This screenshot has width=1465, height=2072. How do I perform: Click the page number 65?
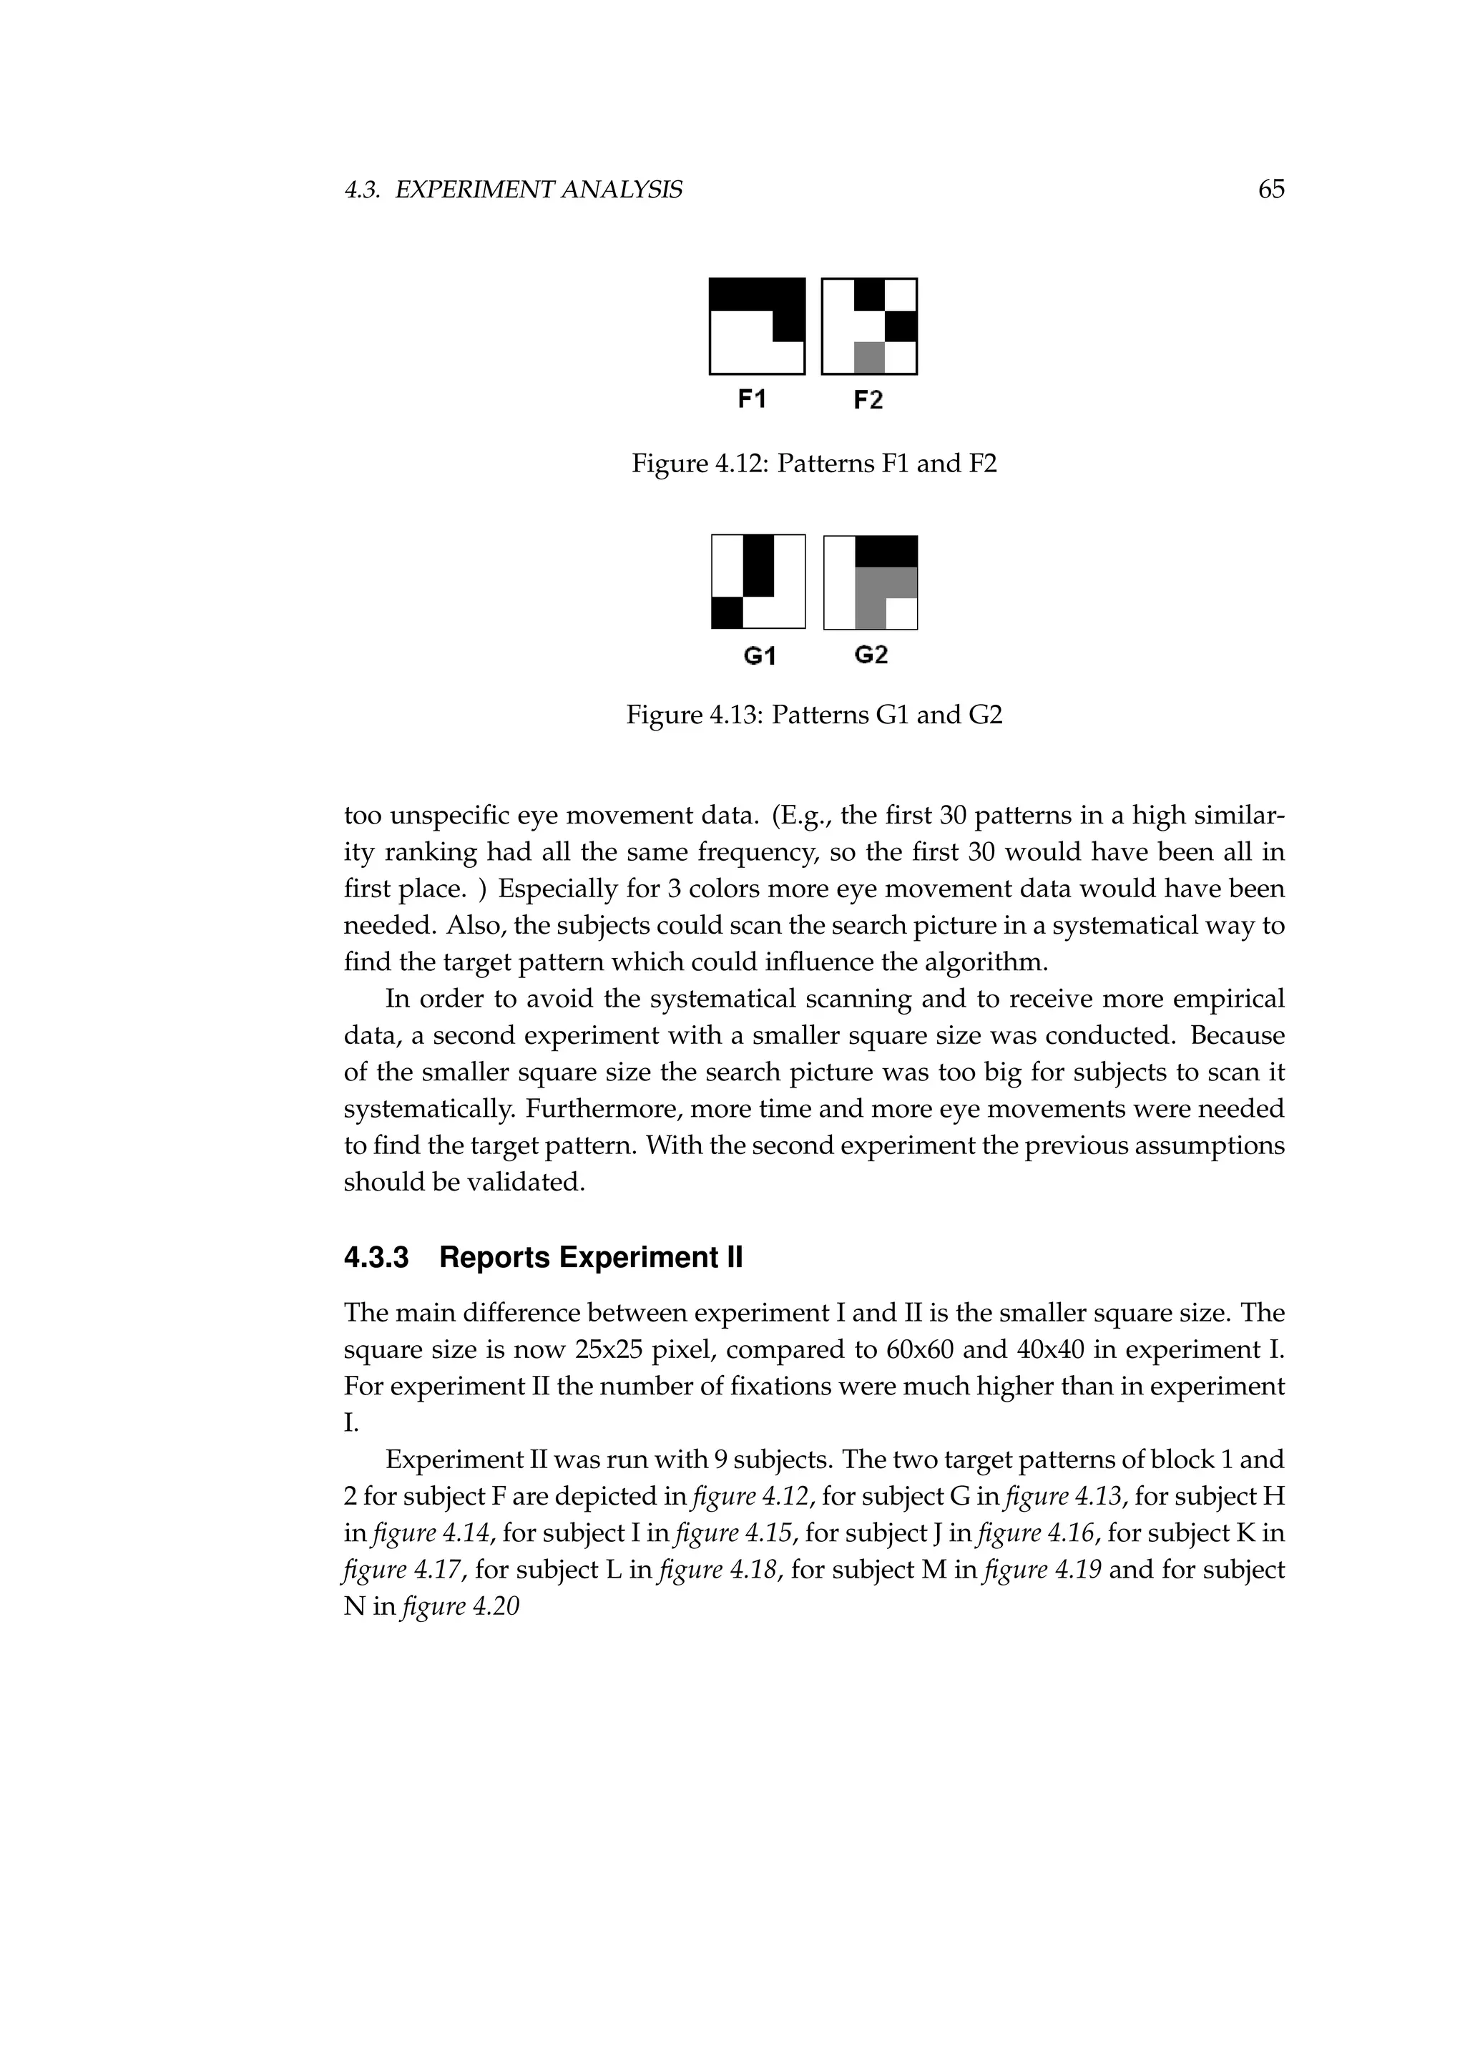click(1270, 190)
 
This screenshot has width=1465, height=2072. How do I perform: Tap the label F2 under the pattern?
click(868, 400)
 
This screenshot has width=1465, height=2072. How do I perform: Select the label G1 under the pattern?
click(760, 656)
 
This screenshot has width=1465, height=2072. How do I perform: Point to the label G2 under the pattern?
click(871, 654)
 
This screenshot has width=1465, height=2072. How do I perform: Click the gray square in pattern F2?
click(868, 358)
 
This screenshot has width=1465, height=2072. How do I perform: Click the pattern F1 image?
click(757, 326)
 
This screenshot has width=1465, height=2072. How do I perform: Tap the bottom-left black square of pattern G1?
click(727, 614)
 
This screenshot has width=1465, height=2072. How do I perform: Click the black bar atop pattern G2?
click(886, 550)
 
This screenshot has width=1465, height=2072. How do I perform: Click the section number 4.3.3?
click(376, 1258)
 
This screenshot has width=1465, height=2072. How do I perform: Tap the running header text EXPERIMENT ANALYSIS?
click(539, 190)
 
